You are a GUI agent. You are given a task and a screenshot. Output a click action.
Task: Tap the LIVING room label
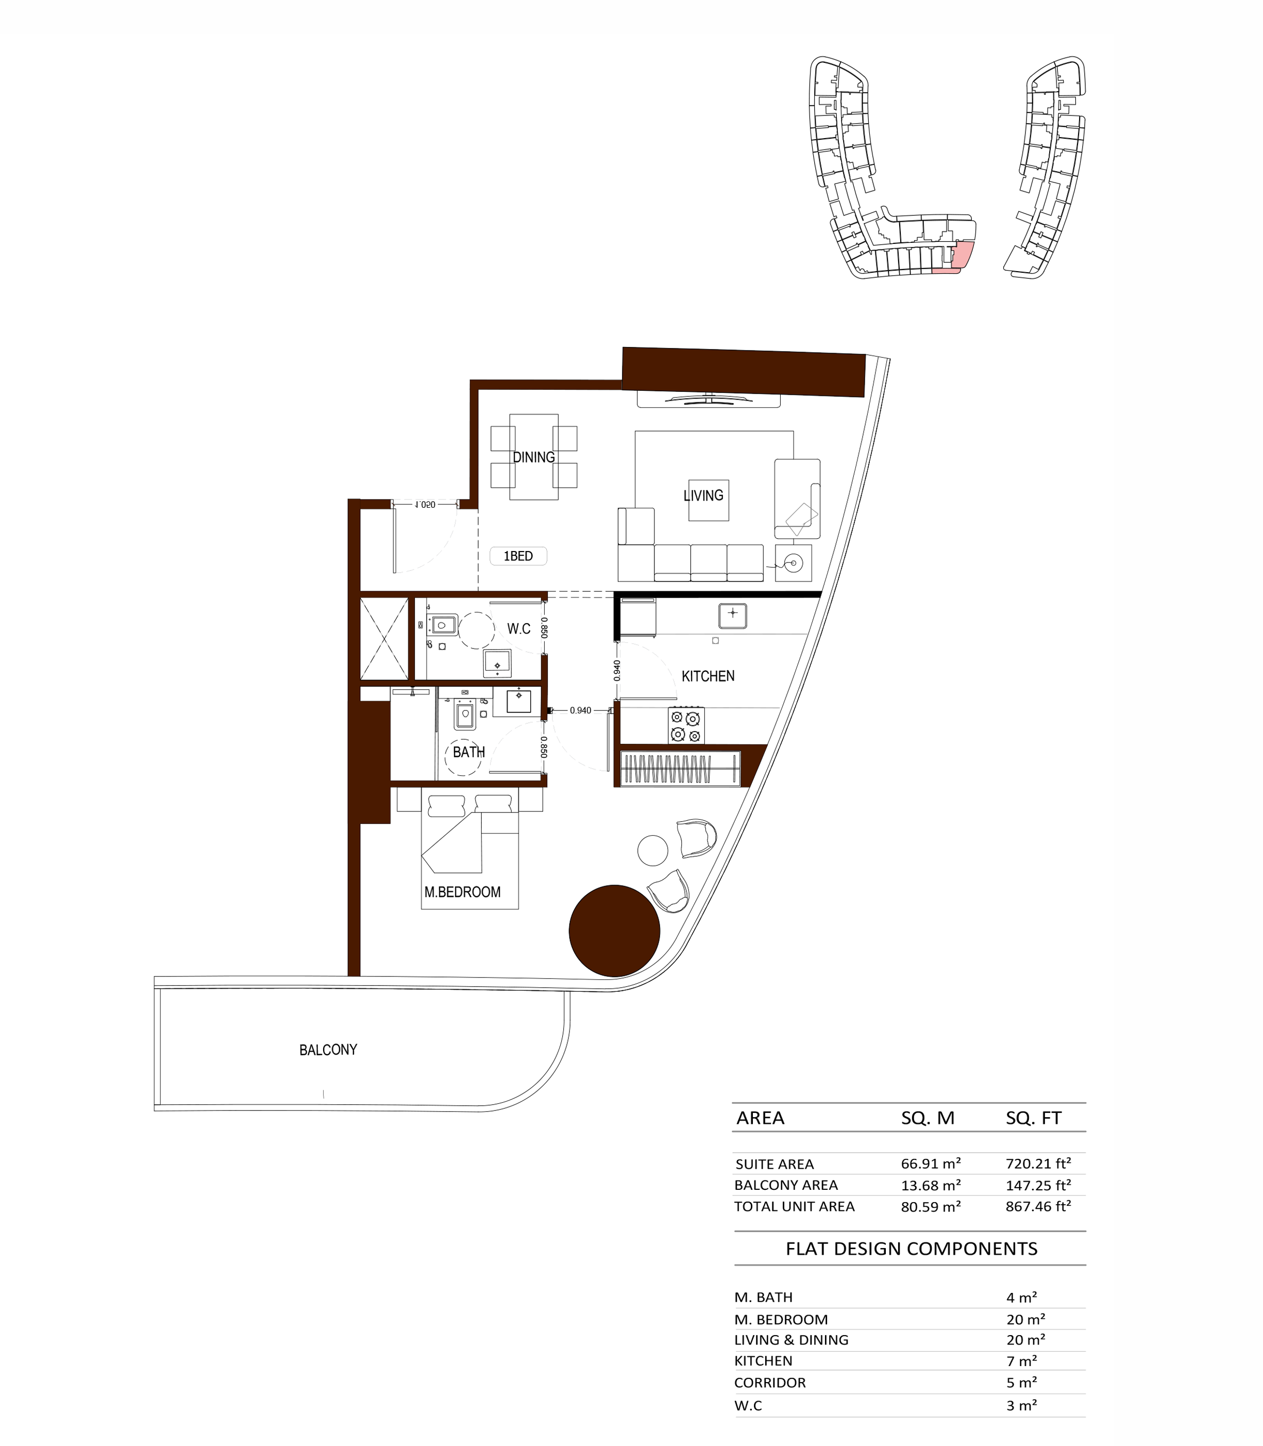(703, 495)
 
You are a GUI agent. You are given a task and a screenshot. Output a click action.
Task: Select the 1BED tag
(518, 556)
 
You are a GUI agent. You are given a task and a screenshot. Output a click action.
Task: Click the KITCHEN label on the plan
(708, 676)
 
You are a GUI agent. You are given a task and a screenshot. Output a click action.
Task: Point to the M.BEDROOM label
(462, 892)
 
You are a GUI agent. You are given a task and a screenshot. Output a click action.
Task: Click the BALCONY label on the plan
(328, 1050)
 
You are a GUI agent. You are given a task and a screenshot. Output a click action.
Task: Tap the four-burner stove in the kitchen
(686, 725)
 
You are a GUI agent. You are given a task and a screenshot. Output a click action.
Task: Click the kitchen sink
(732, 616)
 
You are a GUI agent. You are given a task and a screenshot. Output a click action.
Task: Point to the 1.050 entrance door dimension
(425, 505)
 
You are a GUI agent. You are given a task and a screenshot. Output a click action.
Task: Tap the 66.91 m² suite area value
(930, 1164)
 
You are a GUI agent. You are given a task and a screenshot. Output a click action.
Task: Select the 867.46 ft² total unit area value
(1038, 1206)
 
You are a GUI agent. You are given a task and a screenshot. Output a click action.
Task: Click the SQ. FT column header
(1033, 1118)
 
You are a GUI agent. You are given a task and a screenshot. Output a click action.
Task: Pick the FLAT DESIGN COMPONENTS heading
(911, 1249)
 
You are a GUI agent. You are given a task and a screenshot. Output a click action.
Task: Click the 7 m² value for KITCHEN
(1021, 1361)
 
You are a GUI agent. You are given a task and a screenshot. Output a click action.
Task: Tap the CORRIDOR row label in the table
(770, 1383)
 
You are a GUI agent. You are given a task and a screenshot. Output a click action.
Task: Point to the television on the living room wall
(709, 400)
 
